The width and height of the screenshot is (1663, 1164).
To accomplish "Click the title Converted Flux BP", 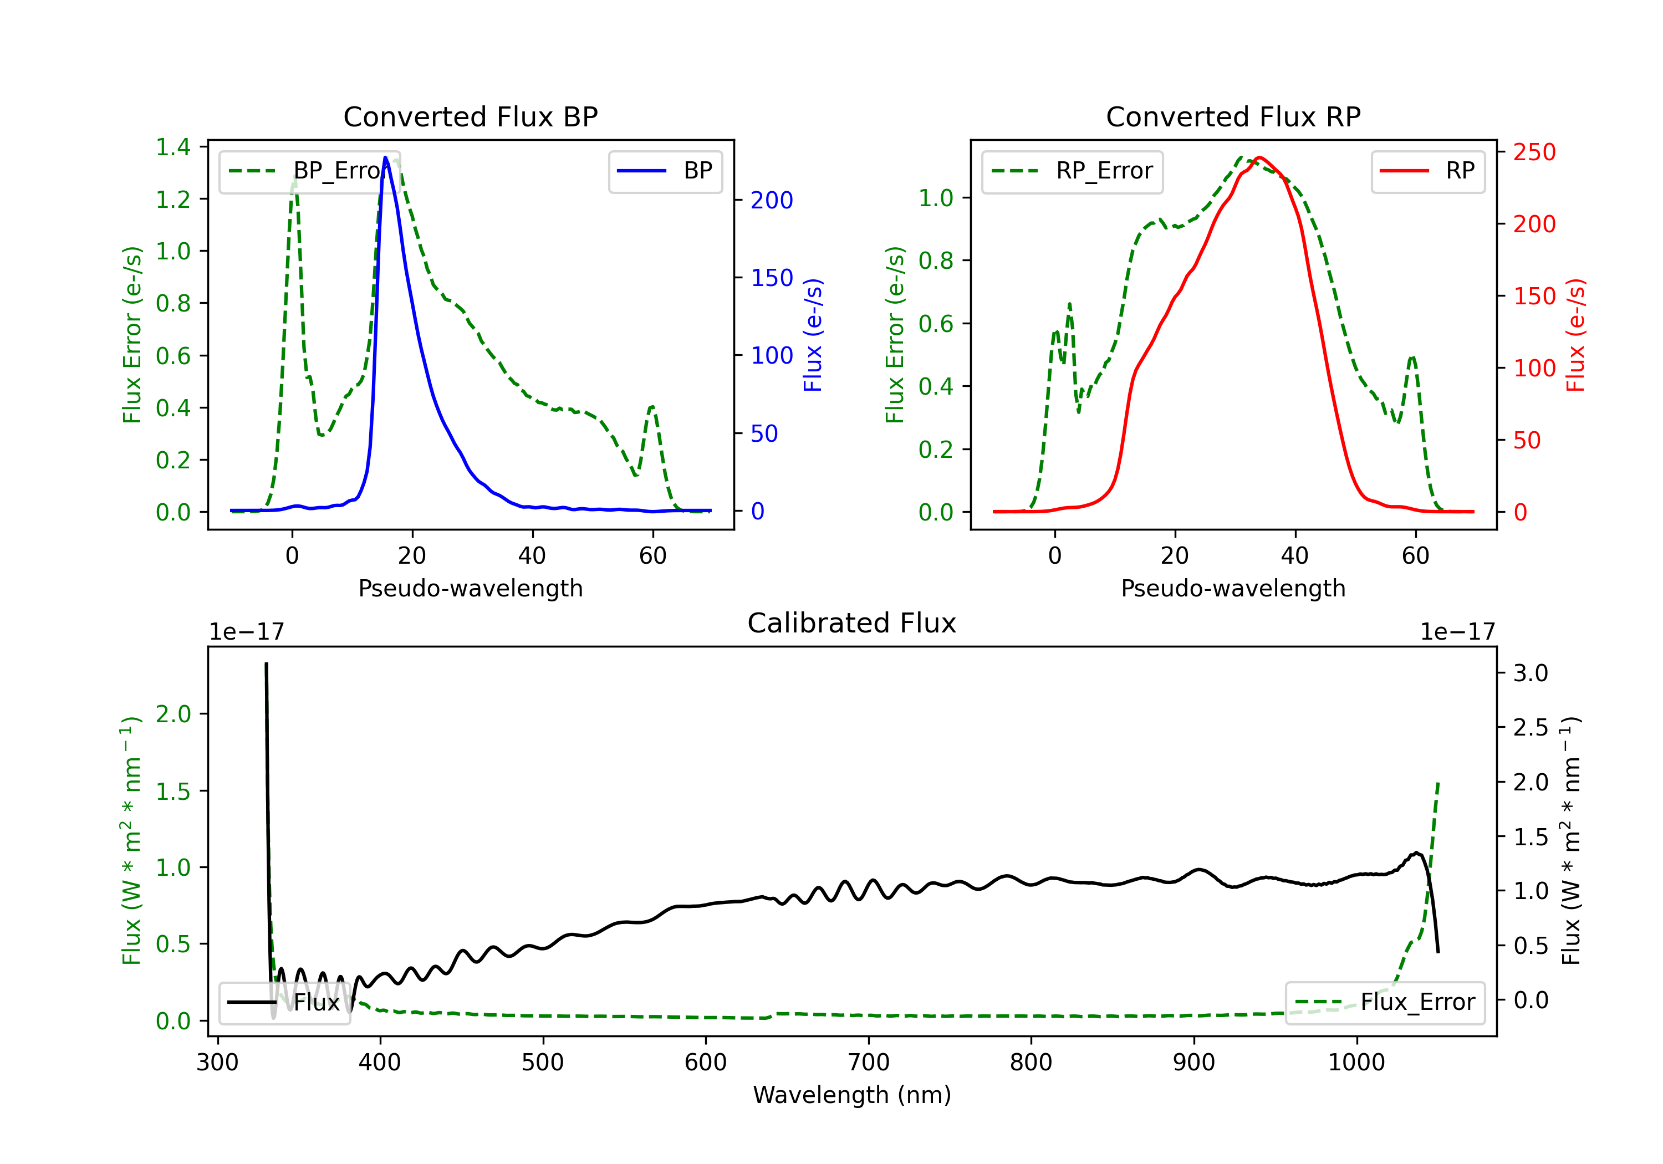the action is point(470,116).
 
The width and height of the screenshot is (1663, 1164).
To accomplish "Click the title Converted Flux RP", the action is point(1233,116).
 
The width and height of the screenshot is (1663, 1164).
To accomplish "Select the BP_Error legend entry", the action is point(310,171).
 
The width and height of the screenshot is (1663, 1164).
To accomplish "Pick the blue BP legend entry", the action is point(665,171).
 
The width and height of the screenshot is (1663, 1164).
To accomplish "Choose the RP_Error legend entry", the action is point(1072,171).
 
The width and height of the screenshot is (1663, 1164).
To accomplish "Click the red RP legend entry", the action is point(1427,171).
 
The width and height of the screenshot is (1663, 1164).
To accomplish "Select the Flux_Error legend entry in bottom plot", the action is point(1384,1003).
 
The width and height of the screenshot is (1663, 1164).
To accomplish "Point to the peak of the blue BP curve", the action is point(385,157).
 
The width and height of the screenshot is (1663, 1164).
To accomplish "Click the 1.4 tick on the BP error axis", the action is point(173,147).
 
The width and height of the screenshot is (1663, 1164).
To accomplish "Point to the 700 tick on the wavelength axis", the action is point(868,1063).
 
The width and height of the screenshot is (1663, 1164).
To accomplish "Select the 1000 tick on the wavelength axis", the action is point(1356,1063).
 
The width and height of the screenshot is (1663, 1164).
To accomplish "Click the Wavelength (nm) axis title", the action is point(852,1095).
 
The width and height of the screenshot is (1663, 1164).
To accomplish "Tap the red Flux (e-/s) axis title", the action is point(1576,335).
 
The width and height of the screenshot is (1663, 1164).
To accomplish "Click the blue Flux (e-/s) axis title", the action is point(813,335).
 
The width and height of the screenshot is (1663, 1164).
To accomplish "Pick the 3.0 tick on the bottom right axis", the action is point(1531,673).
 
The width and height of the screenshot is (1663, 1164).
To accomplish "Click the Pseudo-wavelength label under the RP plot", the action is point(1233,588).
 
